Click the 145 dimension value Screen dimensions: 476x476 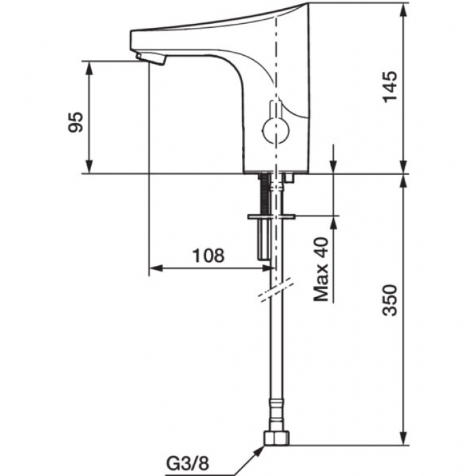coord(390,87)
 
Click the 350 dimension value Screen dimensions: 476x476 coord(390,301)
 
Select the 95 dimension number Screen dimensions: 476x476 coord(75,122)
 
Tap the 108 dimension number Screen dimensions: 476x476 coord(209,256)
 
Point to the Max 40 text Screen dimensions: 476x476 coord(321,269)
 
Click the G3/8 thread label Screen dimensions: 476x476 coord(188,464)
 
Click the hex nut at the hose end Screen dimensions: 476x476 coord(277,438)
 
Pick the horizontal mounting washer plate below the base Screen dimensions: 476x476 coord(271,216)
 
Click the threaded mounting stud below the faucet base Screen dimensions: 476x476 coord(265,193)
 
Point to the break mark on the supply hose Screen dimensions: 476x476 coord(277,290)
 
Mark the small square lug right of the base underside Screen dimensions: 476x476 coord(289,178)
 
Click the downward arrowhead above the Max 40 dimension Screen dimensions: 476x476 coord(334,166)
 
